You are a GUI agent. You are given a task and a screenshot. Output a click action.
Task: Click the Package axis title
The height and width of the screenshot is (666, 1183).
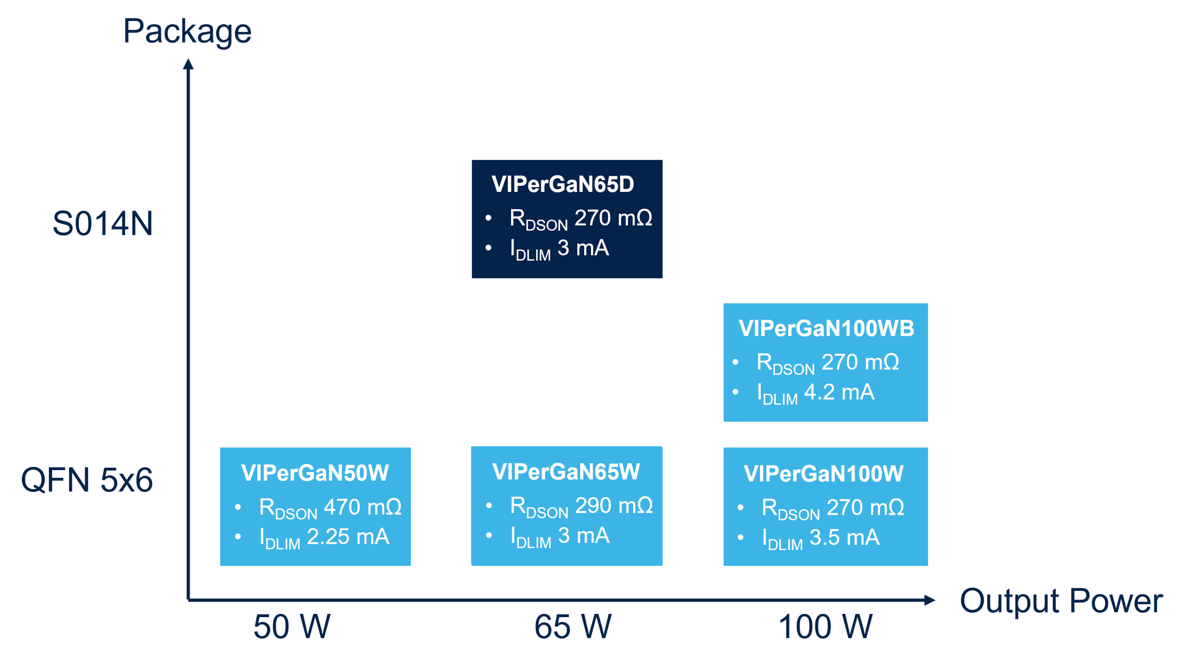pos(187,32)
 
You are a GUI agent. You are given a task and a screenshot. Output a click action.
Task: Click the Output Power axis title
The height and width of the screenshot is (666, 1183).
pos(1061,601)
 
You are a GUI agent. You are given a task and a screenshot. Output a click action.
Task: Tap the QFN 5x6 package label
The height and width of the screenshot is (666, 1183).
pos(86,480)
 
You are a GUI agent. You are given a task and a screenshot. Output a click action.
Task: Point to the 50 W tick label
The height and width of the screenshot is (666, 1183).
pos(292,627)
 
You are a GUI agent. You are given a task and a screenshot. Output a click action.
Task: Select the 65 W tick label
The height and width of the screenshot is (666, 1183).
pos(573,627)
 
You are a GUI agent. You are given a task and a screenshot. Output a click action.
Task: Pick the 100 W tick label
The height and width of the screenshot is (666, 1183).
pos(825,627)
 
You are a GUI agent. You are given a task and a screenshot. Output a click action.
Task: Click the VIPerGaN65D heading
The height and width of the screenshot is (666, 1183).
pos(563,184)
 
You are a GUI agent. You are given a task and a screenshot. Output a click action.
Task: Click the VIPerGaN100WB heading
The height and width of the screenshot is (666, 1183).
pos(826,328)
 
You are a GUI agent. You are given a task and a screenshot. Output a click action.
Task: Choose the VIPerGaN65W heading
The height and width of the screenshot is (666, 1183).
pos(566,472)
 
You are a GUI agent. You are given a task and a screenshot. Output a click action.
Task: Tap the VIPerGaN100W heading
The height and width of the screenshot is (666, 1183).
pos(824,474)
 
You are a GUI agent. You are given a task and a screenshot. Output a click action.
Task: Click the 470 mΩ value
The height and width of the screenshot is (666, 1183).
pos(362,507)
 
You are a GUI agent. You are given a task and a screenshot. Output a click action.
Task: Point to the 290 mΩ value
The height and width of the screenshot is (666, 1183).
pos(614,506)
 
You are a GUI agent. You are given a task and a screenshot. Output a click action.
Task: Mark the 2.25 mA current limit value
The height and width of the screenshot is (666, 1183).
pos(348,537)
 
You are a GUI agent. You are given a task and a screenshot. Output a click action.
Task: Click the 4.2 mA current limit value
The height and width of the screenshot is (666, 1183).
pos(839,393)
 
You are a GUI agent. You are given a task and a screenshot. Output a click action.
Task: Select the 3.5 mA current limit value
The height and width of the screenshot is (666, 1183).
pos(844,538)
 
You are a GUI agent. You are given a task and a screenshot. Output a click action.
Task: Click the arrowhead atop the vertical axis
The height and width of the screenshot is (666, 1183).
pos(188,64)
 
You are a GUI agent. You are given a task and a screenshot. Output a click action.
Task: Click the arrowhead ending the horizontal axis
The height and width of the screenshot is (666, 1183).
pos(930,600)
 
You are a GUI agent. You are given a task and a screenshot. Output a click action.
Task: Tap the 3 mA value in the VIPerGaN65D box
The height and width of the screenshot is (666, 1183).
pos(583,248)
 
